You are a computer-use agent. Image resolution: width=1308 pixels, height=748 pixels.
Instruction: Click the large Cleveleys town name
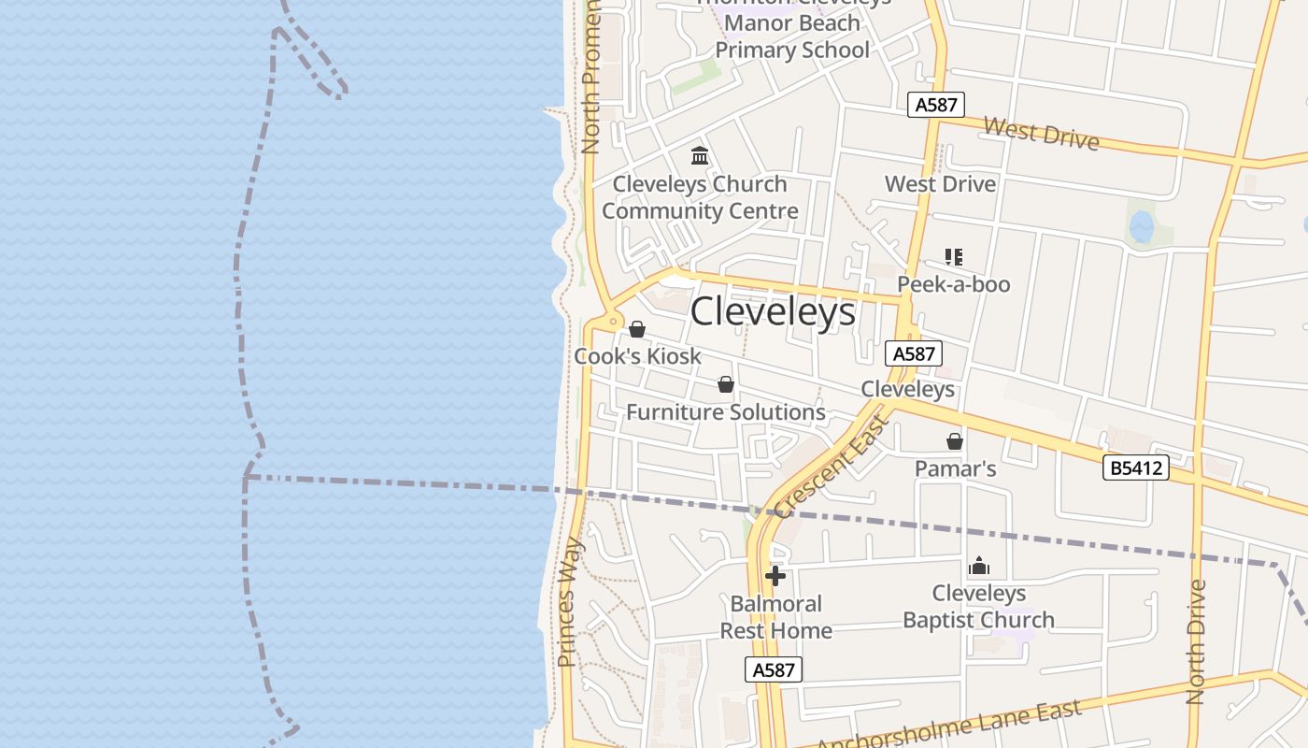(773, 312)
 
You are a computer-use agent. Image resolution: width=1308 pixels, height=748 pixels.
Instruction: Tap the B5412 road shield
(1136, 467)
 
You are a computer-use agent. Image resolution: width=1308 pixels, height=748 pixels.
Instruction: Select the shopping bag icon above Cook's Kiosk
(637, 329)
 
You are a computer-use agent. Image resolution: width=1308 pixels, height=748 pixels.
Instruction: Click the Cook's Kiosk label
(637, 356)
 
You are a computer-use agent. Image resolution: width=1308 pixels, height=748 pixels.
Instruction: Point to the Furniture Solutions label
(726, 412)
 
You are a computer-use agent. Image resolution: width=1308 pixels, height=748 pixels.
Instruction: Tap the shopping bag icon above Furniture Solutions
(726, 384)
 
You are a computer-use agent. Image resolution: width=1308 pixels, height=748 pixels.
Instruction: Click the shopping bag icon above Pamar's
(955, 441)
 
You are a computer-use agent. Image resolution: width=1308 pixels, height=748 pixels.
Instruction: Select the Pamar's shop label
(955, 468)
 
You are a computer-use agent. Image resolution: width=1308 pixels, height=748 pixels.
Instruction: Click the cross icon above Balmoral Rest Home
(775, 576)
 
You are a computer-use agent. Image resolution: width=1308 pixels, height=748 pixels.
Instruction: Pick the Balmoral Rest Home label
(775, 617)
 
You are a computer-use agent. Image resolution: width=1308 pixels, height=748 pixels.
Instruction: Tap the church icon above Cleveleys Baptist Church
(979, 566)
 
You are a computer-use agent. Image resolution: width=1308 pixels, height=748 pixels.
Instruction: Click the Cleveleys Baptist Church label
(979, 607)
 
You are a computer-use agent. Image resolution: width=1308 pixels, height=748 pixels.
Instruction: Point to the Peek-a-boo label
(954, 284)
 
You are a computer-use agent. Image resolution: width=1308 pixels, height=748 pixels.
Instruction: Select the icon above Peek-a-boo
(954, 256)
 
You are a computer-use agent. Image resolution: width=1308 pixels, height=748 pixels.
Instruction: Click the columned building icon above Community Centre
(700, 155)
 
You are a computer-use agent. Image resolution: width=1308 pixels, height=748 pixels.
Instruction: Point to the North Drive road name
(1197, 641)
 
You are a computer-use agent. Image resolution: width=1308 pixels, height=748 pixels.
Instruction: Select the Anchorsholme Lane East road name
(949, 726)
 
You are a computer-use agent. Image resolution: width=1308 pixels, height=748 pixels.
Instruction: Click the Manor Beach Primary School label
(792, 36)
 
